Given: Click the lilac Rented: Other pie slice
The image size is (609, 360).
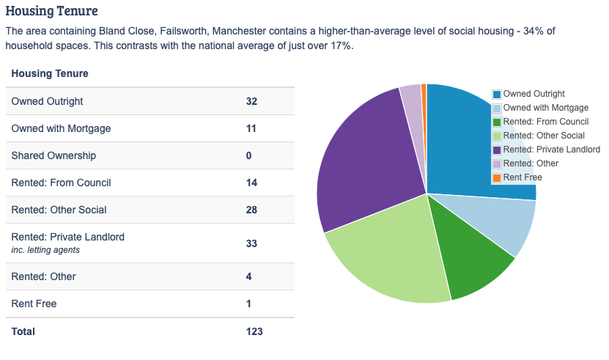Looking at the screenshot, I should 412,95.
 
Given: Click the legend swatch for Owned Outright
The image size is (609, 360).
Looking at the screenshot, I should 497,94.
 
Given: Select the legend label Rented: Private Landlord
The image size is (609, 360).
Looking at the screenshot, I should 551,150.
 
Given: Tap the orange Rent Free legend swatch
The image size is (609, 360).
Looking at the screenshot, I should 497,177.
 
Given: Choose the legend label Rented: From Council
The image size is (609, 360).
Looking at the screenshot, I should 545,122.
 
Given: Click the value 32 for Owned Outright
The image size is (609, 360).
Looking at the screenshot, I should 251,101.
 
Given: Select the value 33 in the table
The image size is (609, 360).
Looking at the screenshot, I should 251,243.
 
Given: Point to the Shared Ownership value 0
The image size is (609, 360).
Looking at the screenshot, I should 249,155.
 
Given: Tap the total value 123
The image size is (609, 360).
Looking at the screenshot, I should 254,331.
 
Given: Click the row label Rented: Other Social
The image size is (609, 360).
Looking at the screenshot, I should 59,210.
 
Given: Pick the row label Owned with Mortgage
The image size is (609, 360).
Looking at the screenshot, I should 61,128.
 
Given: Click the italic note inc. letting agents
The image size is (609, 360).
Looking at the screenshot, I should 45,250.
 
